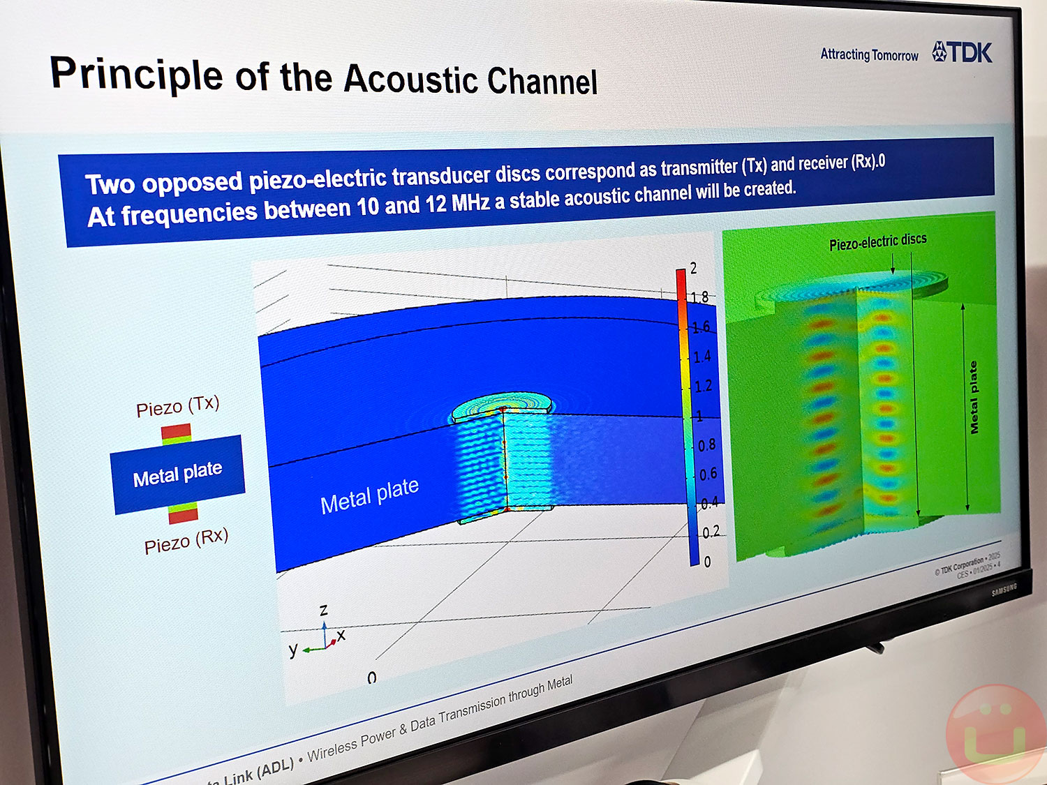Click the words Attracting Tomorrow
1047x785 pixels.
click(x=869, y=54)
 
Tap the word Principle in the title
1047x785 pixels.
click(x=135, y=74)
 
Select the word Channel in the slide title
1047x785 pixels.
click(x=542, y=82)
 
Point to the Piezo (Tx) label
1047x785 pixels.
click(x=177, y=406)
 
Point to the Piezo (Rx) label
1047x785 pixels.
click(x=186, y=540)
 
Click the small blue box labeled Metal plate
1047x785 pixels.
click(x=177, y=474)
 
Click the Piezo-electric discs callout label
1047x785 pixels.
click(x=877, y=241)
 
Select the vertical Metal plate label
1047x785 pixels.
click(x=973, y=397)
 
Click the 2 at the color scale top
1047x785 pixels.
click(x=693, y=268)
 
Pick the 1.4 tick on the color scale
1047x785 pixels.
click(x=701, y=357)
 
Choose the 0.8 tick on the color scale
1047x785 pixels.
click(x=707, y=444)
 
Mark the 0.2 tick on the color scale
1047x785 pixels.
click(x=711, y=532)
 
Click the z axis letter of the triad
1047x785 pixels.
click(x=323, y=610)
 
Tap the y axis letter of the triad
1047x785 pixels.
click(x=293, y=650)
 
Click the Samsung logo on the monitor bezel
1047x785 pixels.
click(x=1004, y=590)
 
